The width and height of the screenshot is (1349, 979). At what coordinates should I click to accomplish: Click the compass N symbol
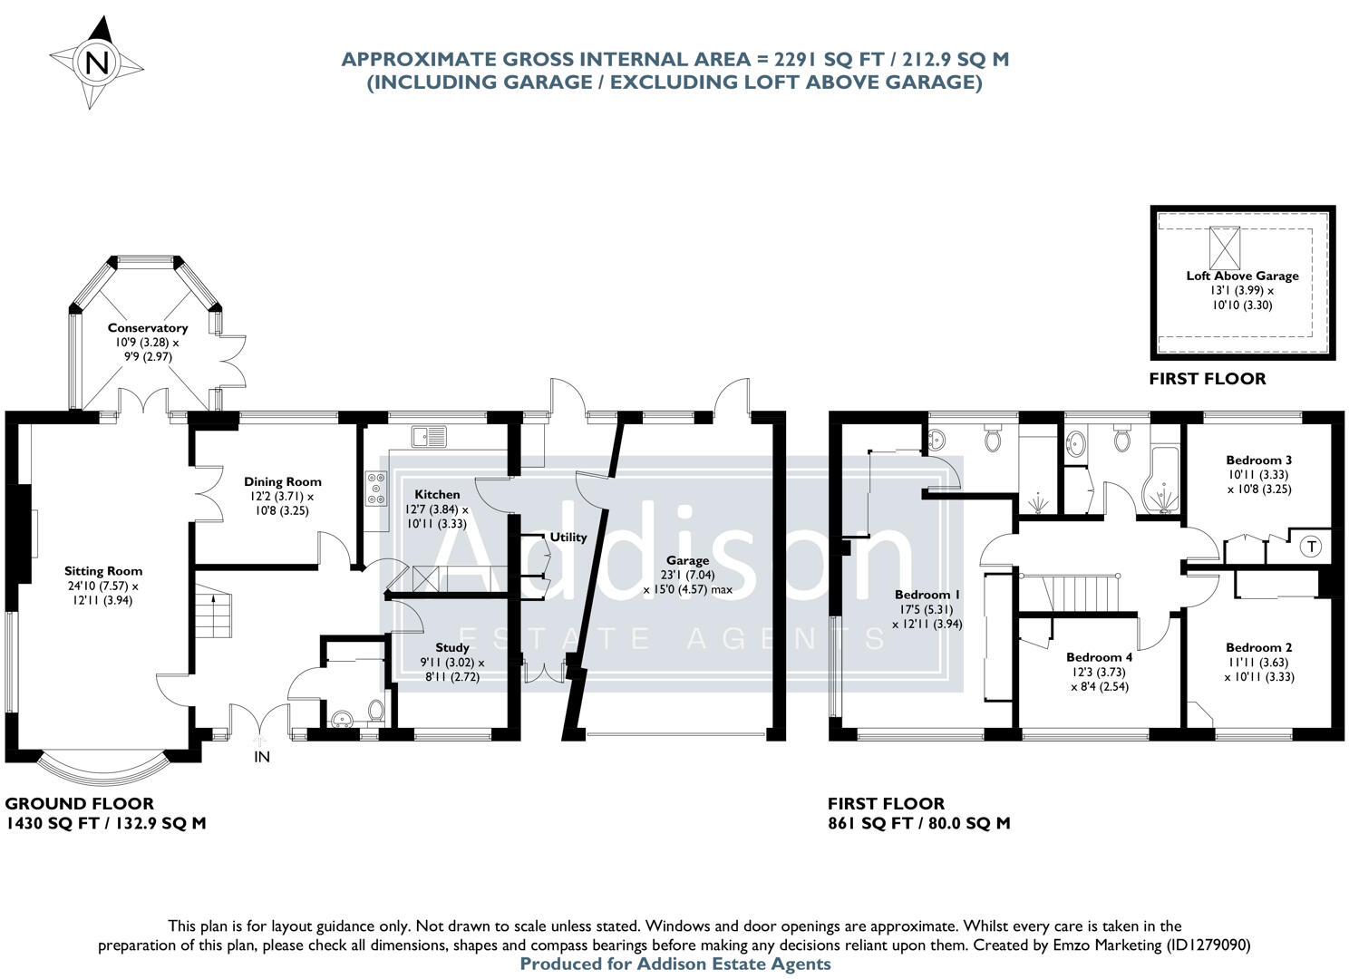click(x=97, y=63)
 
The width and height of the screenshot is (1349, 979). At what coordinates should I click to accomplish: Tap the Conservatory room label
click(x=147, y=328)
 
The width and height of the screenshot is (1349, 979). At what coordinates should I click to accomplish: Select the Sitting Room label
click(x=103, y=571)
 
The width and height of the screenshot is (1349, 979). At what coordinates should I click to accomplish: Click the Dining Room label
click(x=282, y=481)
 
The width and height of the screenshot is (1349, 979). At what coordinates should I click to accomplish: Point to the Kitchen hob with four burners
click(x=375, y=489)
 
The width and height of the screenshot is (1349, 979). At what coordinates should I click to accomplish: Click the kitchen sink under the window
click(x=429, y=436)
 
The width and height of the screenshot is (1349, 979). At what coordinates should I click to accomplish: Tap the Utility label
click(x=568, y=537)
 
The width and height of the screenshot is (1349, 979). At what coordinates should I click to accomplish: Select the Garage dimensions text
click(x=687, y=582)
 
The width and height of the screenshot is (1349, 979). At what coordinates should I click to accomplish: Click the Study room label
click(x=451, y=647)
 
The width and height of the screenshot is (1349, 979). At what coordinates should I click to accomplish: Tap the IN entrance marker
click(x=261, y=756)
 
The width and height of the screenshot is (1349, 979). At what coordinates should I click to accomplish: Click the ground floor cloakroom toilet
click(x=376, y=709)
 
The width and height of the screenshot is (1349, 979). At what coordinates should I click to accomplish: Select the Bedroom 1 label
click(x=927, y=595)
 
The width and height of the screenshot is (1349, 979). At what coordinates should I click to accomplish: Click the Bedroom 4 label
click(x=1098, y=657)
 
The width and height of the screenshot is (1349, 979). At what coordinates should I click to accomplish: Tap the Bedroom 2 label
click(x=1258, y=647)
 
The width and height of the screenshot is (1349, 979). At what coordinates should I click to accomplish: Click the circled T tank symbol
click(x=1310, y=547)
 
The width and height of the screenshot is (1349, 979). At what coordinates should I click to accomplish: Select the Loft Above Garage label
click(x=1242, y=276)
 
